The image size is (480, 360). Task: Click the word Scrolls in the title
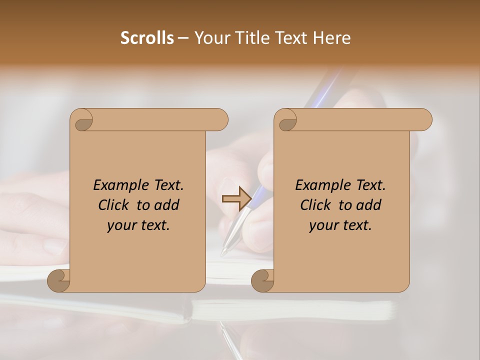tap(147, 38)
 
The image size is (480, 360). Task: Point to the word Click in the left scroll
tap(109, 205)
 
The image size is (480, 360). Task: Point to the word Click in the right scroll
tap(311, 205)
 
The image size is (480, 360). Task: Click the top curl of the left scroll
tap(83, 121)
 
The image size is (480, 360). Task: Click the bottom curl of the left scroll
tap(58, 280)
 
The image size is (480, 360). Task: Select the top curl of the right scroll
tap(287, 121)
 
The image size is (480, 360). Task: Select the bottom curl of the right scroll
tap(262, 280)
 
